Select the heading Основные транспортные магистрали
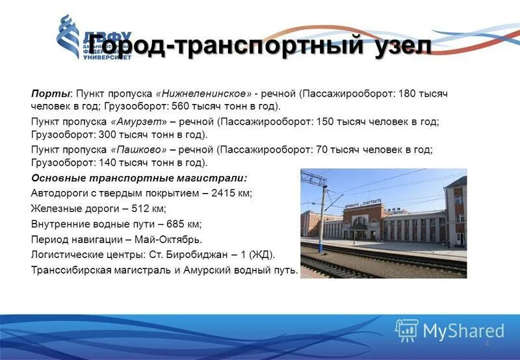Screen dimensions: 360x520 [x=139, y=177]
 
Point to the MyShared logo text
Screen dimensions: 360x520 [x=463, y=331]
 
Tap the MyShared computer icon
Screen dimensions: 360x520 [x=407, y=331]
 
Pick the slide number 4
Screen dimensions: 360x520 [x=486, y=342]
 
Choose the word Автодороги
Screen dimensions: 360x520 [x=59, y=193]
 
